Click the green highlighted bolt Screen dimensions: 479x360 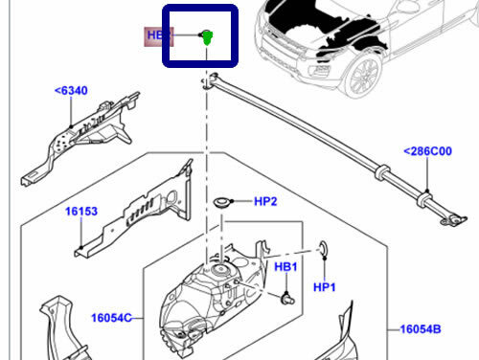tap(206, 37)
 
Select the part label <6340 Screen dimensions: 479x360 tap(70, 92)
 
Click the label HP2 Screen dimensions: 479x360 tap(265, 201)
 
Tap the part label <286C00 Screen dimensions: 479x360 tap(427, 151)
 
